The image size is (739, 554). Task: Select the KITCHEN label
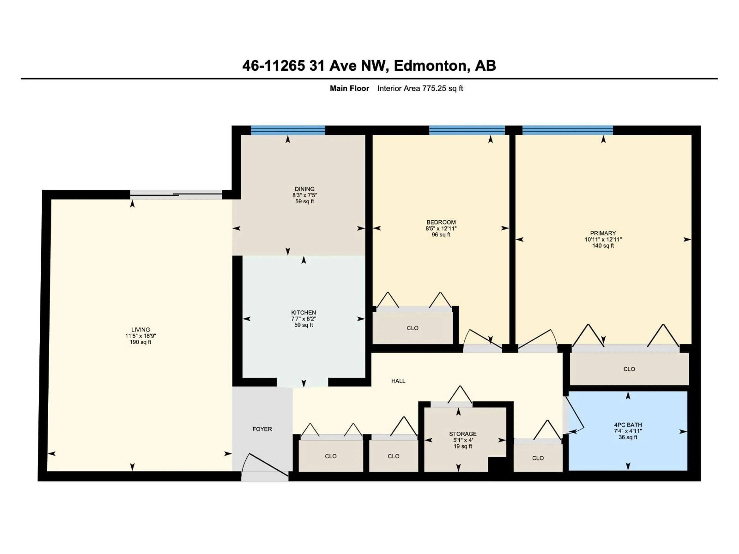[x=303, y=313]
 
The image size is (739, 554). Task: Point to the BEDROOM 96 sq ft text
[x=441, y=235]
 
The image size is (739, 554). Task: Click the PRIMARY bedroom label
[x=603, y=233]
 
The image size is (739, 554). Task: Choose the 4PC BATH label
[x=628, y=425]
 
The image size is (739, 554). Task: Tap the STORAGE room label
[x=463, y=434]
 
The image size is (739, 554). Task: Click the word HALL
[x=398, y=381]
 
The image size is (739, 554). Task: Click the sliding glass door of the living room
[x=176, y=195]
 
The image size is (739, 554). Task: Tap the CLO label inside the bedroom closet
[x=413, y=328]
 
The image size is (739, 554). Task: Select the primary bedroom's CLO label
[x=629, y=369]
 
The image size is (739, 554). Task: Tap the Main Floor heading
[x=349, y=88]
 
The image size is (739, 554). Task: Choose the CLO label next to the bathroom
[x=538, y=458]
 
